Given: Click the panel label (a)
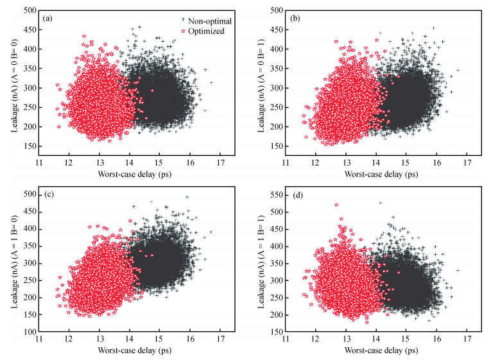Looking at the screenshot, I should [x=47, y=18].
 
